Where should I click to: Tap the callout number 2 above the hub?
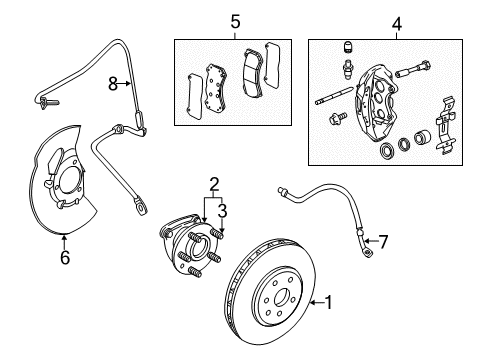pos(214,183)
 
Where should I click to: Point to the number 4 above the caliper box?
pos(396,22)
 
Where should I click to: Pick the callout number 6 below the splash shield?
pos(65,257)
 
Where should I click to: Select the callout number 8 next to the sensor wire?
pos(113,84)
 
